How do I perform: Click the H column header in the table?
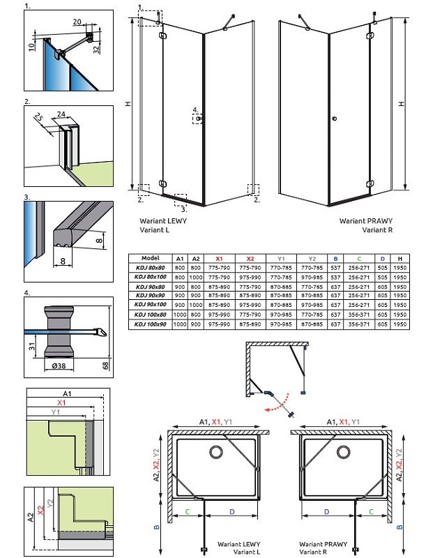point(400,257)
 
